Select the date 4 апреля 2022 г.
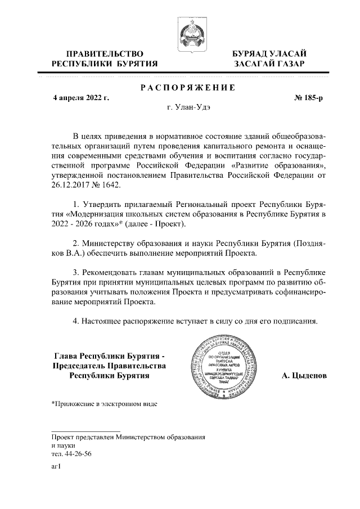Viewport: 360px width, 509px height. pyautogui.click(x=80, y=98)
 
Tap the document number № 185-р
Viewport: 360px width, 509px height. pyautogui.click(x=309, y=98)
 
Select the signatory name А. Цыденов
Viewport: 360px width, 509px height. pyautogui.click(x=304, y=375)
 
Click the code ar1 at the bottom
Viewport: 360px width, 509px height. pyautogui.click(x=56, y=466)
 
